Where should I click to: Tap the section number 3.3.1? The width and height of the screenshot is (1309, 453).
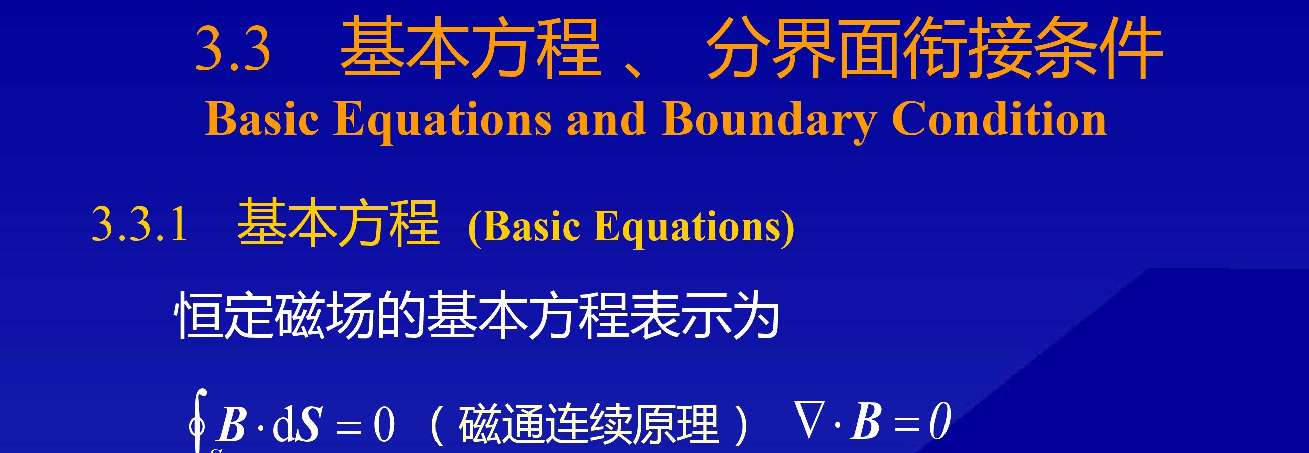point(140,223)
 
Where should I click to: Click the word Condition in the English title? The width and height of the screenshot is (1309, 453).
point(999,118)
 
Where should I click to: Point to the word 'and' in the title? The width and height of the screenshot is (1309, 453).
point(607,118)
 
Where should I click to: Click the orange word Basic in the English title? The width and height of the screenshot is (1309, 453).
point(262,118)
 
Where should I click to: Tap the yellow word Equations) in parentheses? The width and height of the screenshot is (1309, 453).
point(694,228)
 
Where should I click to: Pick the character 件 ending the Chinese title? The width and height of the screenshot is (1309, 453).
point(1131,48)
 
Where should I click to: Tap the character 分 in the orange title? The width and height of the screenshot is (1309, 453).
point(740,48)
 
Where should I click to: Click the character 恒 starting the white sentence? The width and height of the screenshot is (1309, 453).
point(199,315)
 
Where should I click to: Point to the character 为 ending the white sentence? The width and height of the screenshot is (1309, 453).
point(755,315)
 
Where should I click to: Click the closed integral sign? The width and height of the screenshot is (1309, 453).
point(198,420)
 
